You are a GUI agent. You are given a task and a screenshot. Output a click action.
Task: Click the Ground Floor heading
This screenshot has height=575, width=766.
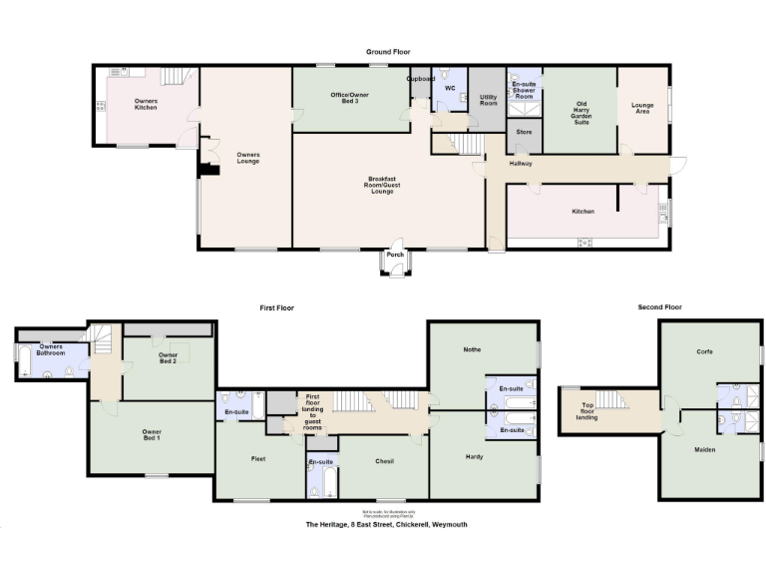tap(388, 52)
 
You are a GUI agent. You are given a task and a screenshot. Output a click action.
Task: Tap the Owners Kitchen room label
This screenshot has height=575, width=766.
tap(146, 104)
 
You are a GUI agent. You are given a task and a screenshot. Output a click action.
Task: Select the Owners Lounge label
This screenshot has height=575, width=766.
tap(247, 158)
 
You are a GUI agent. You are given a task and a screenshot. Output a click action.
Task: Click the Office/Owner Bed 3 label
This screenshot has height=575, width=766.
tap(350, 98)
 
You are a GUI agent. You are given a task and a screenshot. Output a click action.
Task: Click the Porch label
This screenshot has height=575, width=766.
tap(396, 254)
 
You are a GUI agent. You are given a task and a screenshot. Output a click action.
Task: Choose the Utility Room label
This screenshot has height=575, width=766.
tap(488, 100)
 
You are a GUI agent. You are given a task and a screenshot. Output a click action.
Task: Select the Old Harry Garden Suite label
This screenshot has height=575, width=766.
tap(580, 110)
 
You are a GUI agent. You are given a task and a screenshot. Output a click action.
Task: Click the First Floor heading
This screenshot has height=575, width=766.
tap(278, 308)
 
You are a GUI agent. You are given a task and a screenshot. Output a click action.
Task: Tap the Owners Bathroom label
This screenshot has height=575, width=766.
tap(50, 350)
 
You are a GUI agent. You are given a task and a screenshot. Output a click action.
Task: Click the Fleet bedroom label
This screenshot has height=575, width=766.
tap(258, 457)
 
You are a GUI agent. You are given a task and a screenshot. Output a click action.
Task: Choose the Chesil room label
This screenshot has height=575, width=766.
tap(385, 461)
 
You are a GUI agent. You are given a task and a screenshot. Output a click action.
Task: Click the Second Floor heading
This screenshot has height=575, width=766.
tap(660, 307)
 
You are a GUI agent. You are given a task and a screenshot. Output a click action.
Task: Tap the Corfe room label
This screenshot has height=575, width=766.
tap(709, 351)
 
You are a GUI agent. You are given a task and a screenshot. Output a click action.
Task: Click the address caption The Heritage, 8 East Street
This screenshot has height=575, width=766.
tap(386, 524)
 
